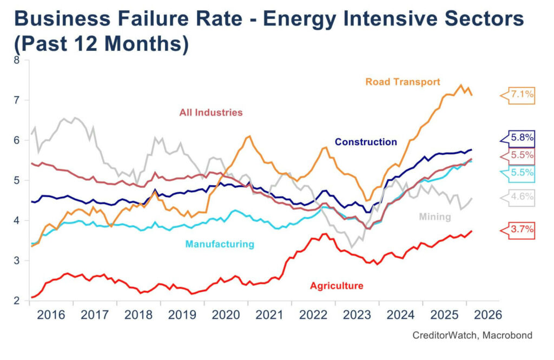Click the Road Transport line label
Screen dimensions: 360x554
[x=403, y=82]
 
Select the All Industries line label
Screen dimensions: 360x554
[x=211, y=113]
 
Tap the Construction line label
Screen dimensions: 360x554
[x=366, y=142]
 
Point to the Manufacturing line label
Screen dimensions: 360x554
[x=220, y=244]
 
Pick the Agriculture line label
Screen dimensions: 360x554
[x=337, y=286]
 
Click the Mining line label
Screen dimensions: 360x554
[x=435, y=217]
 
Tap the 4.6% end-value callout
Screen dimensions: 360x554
[x=521, y=198]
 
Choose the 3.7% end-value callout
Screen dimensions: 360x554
[x=521, y=230]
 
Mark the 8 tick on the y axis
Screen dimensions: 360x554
[x=16, y=60]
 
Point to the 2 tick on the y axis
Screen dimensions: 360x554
[x=16, y=300]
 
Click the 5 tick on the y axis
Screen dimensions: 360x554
[x=16, y=180]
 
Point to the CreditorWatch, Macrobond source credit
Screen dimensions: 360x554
[x=472, y=336]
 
